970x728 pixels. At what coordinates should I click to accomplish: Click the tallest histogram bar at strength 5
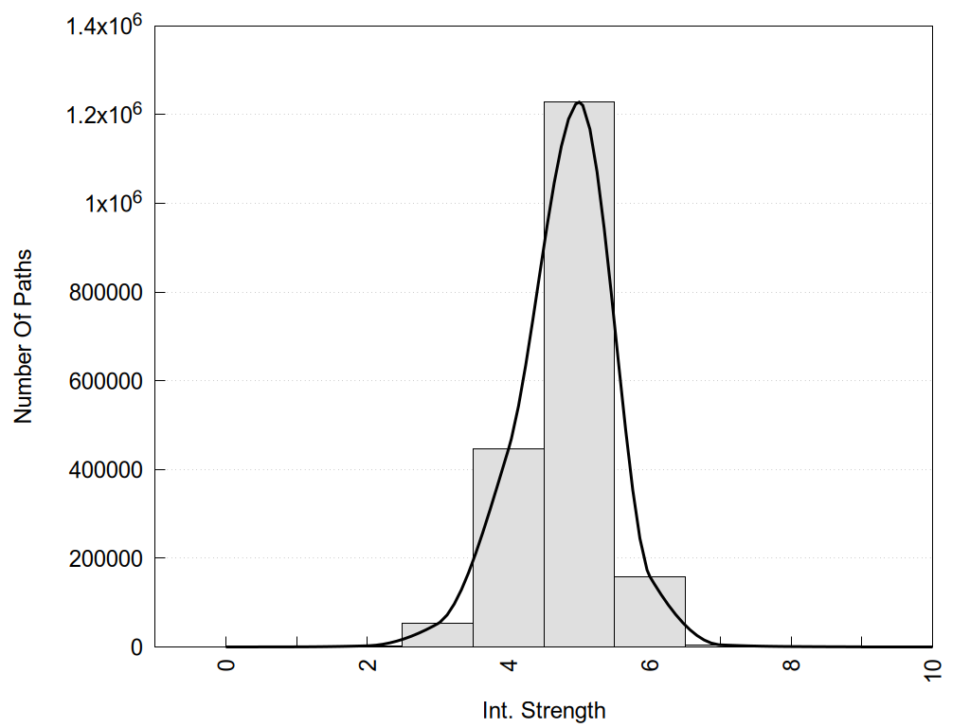click(579, 379)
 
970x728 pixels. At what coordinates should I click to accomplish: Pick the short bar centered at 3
click(437, 635)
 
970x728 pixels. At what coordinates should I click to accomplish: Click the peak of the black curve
click(579, 101)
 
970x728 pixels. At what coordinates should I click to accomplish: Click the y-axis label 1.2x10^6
click(103, 114)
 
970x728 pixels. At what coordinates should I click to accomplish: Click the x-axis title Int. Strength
click(543, 710)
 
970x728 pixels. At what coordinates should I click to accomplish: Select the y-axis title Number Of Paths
click(23, 337)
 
